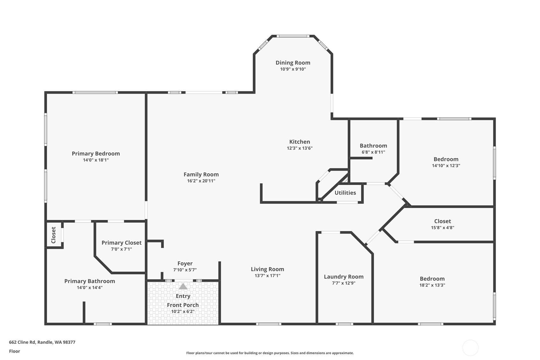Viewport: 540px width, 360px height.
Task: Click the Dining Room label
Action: pyautogui.click(x=293, y=63)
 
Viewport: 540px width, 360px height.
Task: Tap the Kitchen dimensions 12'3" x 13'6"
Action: pyautogui.click(x=299, y=148)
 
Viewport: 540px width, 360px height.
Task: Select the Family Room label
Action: pyautogui.click(x=201, y=174)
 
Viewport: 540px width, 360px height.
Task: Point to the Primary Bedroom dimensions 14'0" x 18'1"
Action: pyautogui.click(x=96, y=160)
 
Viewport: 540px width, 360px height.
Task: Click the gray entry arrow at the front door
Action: pyautogui.click(x=183, y=286)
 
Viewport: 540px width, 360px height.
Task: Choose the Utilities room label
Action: pyautogui.click(x=345, y=193)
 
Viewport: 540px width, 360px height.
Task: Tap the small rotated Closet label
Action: pyautogui.click(x=53, y=235)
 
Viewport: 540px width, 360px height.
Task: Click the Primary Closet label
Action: pyautogui.click(x=122, y=243)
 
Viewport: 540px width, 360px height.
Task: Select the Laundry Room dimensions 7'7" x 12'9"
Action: pyautogui.click(x=344, y=283)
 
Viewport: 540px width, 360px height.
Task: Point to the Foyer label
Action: pyautogui.click(x=185, y=264)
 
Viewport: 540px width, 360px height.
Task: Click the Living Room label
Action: pyautogui.click(x=267, y=269)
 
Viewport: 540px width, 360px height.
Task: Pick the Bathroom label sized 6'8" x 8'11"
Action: pyautogui.click(x=373, y=146)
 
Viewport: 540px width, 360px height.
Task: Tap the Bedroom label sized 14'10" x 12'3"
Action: pyautogui.click(x=446, y=159)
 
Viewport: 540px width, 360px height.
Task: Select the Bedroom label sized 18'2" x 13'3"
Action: pyautogui.click(x=432, y=279)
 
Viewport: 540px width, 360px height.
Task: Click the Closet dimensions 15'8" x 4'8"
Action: pyautogui.click(x=442, y=228)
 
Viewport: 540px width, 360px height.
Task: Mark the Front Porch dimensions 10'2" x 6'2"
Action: pyautogui.click(x=183, y=311)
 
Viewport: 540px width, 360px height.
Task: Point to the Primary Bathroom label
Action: pyautogui.click(x=89, y=281)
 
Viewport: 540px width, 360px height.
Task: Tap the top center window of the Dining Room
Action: pyautogui.click(x=293, y=36)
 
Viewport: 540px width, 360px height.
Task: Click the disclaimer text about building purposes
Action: pyautogui.click(x=270, y=353)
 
